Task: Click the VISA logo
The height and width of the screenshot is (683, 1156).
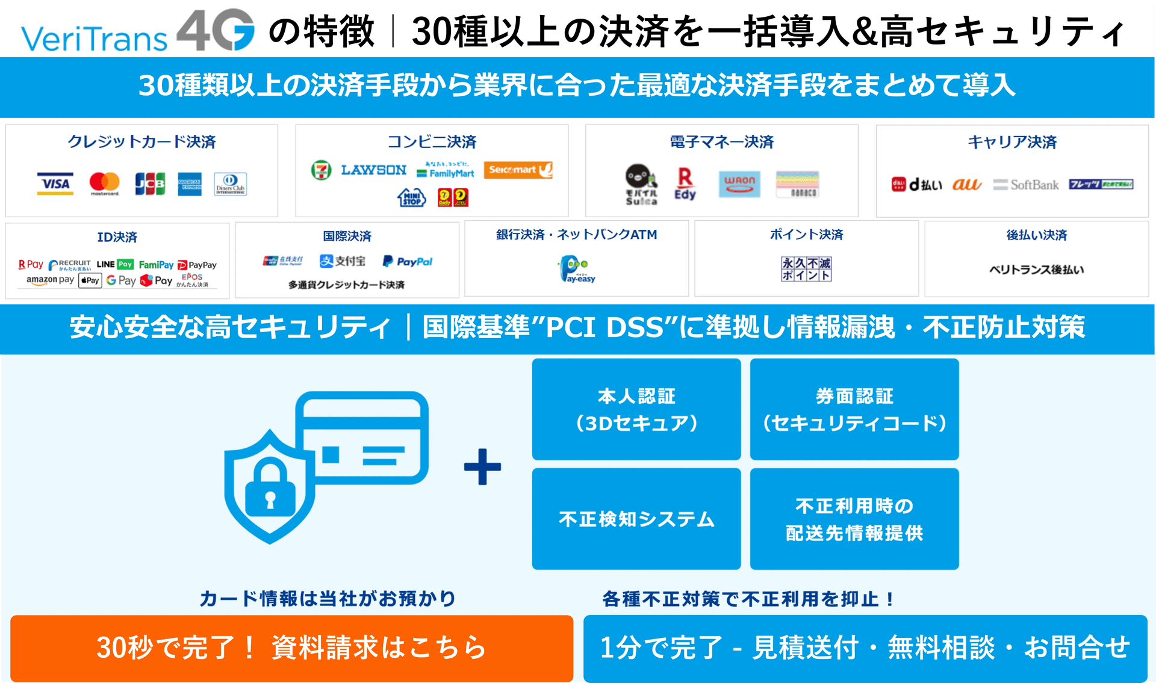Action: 55,184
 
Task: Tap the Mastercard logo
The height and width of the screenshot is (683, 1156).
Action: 105,183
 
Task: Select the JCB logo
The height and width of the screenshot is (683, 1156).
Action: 149,184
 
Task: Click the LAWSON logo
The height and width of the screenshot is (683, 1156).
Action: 374,170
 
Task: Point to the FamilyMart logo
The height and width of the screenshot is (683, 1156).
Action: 446,171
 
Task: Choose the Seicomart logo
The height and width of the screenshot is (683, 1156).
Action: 518,170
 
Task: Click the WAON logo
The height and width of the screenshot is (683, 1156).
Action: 739,184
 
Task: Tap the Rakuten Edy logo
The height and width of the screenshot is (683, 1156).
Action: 685,184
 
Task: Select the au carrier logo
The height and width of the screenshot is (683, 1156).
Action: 966,185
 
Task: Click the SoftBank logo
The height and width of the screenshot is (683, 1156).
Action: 1026,185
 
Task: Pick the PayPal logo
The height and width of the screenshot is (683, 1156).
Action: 408,262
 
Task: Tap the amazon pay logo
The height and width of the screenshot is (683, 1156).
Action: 50,280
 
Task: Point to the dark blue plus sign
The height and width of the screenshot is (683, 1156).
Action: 482,467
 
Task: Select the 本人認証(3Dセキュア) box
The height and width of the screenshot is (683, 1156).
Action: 636,409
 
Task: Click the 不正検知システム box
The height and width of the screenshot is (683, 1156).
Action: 636,519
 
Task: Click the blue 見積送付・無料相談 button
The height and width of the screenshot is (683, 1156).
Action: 865,648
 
